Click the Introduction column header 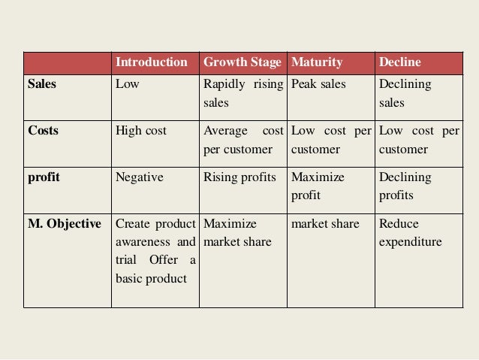click(x=152, y=62)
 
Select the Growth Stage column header click(x=242, y=62)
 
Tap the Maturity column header click(x=317, y=62)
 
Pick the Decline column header click(x=400, y=62)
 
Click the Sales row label click(x=43, y=84)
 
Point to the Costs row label click(x=44, y=131)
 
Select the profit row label click(x=44, y=177)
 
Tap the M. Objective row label click(x=63, y=224)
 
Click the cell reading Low click(x=127, y=84)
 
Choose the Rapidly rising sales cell click(x=242, y=93)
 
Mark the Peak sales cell click(x=318, y=84)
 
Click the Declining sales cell click(x=405, y=93)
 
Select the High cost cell click(x=141, y=131)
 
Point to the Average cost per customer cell click(x=242, y=140)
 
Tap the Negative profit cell click(x=140, y=177)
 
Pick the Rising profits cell click(x=239, y=177)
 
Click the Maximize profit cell click(x=318, y=186)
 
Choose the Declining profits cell click(x=405, y=186)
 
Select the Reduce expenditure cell click(x=410, y=233)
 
